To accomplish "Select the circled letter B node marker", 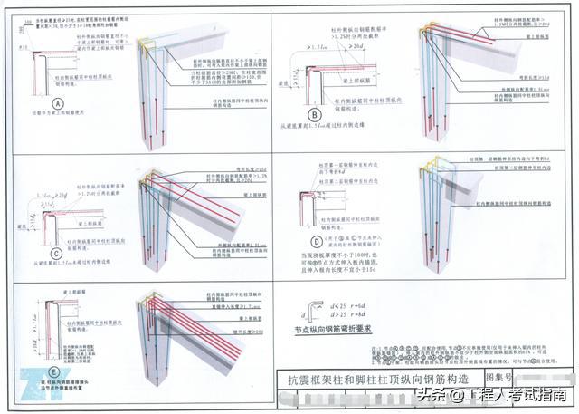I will click(315, 115).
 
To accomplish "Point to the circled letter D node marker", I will click(317, 241).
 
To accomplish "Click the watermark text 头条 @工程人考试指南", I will click(492, 395).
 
